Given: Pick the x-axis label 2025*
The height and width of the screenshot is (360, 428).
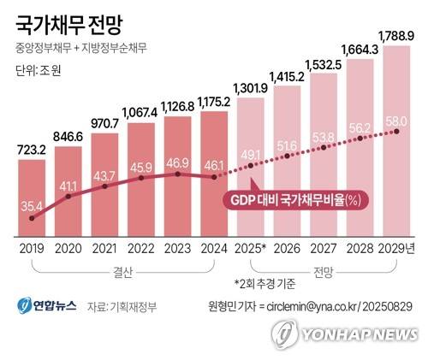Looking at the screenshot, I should [x=253, y=248].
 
